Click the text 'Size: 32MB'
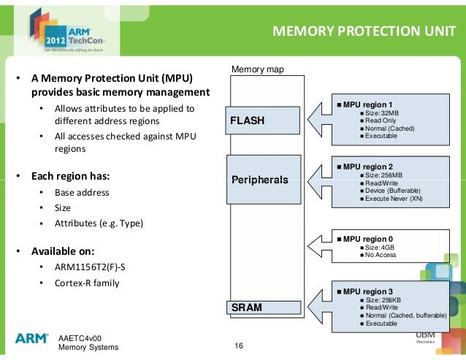pos(384,113)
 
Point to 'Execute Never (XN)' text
pos(394,199)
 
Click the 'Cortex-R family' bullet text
pos(86,283)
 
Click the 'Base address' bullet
pos(82,192)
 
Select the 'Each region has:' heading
pos(70,176)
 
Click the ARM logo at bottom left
pos(31,338)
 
